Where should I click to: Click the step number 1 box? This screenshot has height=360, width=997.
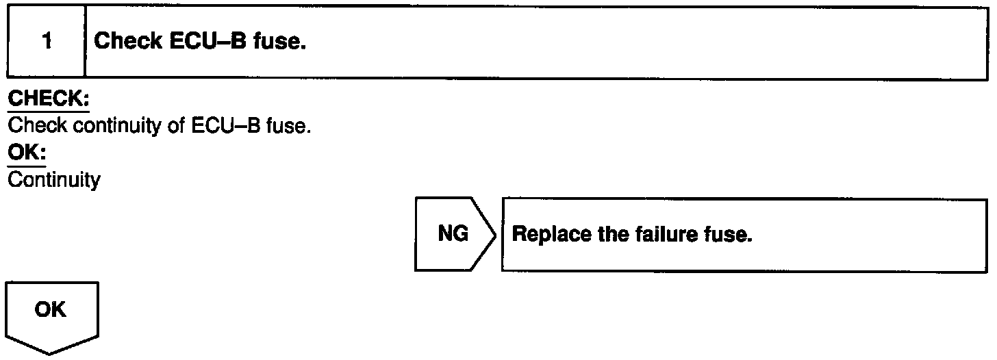[x=46, y=42]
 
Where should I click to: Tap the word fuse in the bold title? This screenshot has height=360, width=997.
[x=278, y=42]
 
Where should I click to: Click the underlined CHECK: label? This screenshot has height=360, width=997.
[x=49, y=100]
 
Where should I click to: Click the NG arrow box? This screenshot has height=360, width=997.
[x=453, y=235]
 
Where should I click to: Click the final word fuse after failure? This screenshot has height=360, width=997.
[x=730, y=235]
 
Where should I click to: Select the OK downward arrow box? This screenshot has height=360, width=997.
[x=52, y=311]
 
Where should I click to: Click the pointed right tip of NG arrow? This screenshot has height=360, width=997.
[x=495, y=235]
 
